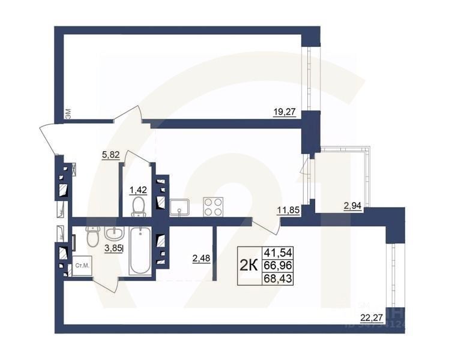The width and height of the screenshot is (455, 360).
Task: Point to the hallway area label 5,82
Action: click(111, 154)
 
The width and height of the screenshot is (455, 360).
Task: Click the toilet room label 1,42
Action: click(139, 190)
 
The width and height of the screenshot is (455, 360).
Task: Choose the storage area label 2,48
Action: click(201, 259)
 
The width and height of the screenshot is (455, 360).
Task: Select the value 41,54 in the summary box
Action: click(279, 253)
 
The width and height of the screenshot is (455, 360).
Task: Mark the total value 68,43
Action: click(279, 278)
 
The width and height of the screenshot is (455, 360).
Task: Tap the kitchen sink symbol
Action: click(179, 207)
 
